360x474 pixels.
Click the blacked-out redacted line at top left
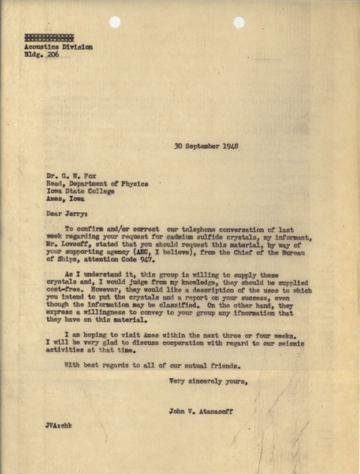pyautogui.click(x=49, y=38)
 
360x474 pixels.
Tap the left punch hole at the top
pyautogui.click(x=114, y=22)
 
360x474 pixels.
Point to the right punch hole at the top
pyautogui.click(x=239, y=22)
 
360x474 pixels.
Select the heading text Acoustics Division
pyautogui.click(x=58, y=47)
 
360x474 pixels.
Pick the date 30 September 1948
pyautogui.click(x=206, y=147)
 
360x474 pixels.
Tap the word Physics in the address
pyautogui.click(x=133, y=183)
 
